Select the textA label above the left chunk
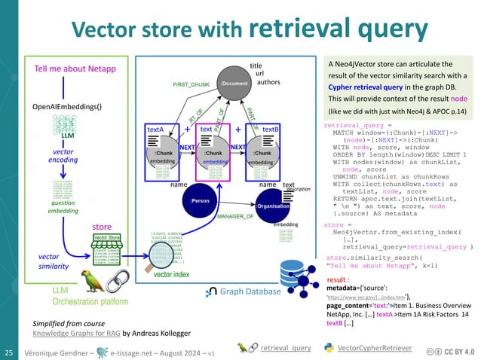155,130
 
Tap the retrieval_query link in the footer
284,348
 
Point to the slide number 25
11,352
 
